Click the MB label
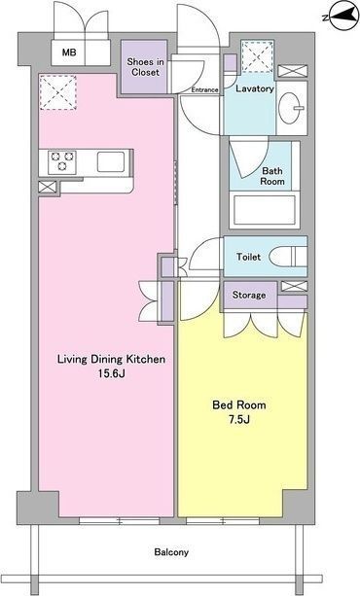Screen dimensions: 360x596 click(69, 53)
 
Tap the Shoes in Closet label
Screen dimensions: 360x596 click(145, 67)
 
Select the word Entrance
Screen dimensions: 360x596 click(204, 90)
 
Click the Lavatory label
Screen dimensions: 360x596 click(255, 88)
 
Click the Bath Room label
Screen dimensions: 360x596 click(272, 176)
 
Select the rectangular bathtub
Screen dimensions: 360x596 click(265, 210)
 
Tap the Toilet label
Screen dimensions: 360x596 click(248, 257)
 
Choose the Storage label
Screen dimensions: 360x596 click(249, 295)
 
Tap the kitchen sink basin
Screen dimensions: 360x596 click(111, 162)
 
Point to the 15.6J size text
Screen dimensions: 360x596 click(112, 373)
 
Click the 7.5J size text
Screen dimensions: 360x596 click(239, 420)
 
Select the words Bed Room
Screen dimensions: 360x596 click(239, 404)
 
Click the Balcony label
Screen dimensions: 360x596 click(171, 552)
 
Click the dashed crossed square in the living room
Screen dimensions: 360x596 click(58, 92)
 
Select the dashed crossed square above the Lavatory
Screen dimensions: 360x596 click(258, 57)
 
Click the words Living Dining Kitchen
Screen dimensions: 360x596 click(112, 359)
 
